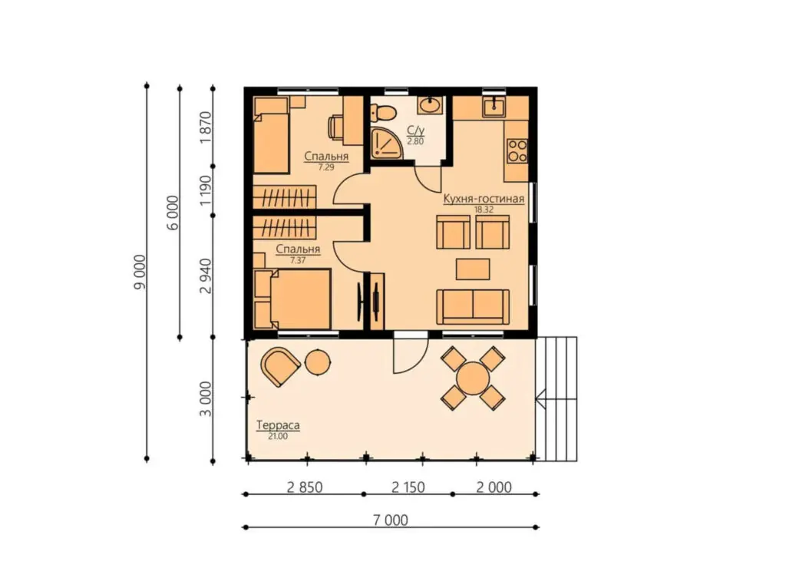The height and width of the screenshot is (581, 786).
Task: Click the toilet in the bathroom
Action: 382,113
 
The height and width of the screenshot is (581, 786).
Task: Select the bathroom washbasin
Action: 430,105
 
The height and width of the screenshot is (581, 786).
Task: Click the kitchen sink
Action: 494,106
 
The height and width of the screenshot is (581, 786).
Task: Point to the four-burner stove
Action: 517,151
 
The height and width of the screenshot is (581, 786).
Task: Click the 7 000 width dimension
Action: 390,520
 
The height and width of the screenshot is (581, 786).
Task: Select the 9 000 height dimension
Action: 140,272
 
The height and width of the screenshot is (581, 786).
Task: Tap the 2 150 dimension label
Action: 408,487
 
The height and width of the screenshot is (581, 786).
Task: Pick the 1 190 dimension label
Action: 206,190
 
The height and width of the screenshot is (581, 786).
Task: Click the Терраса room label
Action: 278,425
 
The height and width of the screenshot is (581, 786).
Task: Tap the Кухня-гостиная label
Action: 484,199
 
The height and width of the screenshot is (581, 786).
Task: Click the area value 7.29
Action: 326,167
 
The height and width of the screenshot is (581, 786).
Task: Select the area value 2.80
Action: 415,141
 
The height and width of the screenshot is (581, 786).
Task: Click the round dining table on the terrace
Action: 473,378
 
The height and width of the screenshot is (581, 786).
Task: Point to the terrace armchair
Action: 280,366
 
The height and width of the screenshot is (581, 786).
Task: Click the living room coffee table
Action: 473,269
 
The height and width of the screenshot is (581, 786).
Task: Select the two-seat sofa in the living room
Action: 473,306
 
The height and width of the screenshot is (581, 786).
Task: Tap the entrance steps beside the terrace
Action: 556,399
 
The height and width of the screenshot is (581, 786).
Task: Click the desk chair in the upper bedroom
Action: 336,126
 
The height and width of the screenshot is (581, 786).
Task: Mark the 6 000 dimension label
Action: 173,213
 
